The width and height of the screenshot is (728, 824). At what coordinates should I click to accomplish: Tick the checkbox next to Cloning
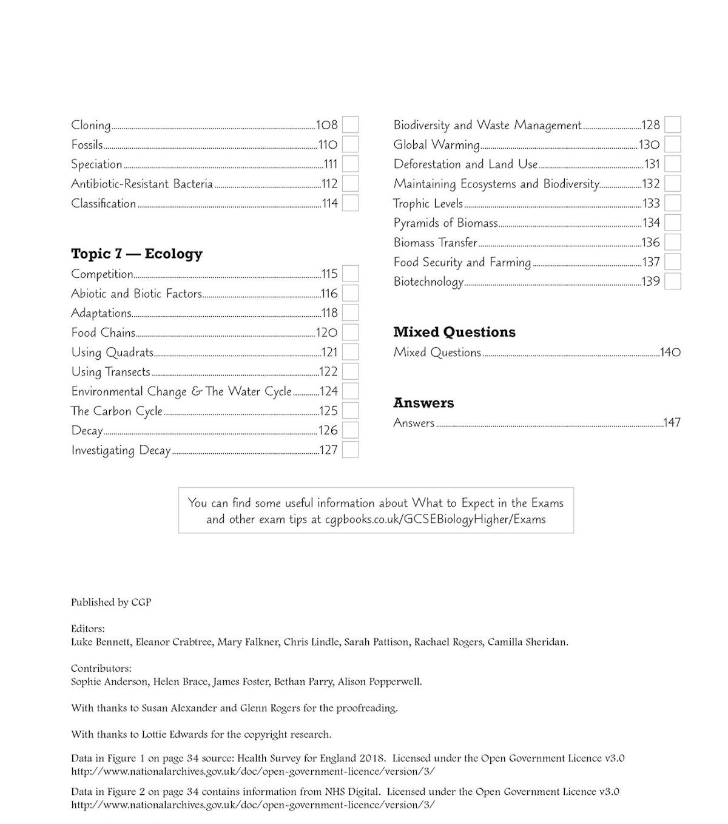click(x=350, y=125)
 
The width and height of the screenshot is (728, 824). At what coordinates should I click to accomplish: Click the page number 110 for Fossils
click(x=328, y=145)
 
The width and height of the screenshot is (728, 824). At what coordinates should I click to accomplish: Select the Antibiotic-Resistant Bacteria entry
click(x=142, y=184)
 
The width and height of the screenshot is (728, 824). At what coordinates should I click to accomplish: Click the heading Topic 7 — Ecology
click(x=136, y=254)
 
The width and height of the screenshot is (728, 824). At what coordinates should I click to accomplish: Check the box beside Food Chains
click(x=350, y=333)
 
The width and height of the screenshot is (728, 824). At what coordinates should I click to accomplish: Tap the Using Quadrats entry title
click(x=112, y=353)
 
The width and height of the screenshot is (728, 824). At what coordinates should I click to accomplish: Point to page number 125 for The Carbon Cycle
click(x=328, y=411)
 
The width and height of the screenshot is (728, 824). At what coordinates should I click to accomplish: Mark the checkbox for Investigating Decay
click(x=350, y=450)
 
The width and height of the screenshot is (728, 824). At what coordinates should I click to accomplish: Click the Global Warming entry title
click(x=436, y=145)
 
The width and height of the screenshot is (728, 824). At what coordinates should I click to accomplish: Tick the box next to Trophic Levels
click(x=672, y=203)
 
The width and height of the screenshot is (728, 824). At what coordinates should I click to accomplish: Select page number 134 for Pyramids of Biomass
click(x=651, y=223)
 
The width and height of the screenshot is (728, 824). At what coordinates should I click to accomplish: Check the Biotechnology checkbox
click(x=672, y=282)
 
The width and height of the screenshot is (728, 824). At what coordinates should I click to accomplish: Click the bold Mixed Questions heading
click(x=454, y=332)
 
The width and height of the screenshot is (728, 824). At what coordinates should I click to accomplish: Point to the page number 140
click(x=670, y=353)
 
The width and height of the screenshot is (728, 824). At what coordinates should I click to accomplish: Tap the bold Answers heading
click(x=423, y=403)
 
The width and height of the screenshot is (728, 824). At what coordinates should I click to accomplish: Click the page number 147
click(x=672, y=423)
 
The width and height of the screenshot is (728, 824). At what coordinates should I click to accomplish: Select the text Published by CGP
click(x=111, y=603)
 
